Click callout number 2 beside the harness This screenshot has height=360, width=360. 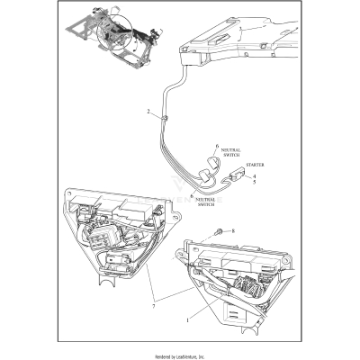click(x=148, y=112)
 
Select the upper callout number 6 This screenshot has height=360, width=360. click(x=217, y=146)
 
